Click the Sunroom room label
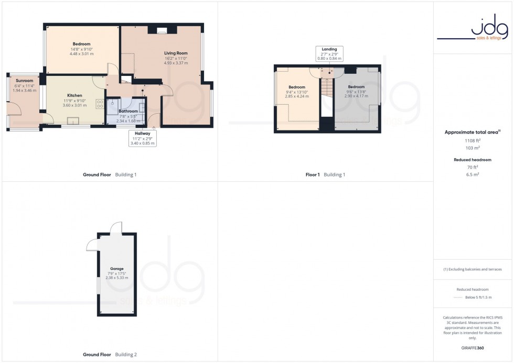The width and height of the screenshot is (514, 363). point(25,81)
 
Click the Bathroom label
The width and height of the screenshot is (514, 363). point(128,111)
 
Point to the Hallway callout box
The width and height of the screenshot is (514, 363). point(142,138)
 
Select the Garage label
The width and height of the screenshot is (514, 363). point(116,269)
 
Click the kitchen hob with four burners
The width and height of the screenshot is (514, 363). point(100,104)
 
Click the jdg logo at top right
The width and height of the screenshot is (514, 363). point(473,28)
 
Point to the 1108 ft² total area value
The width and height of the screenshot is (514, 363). point(473,140)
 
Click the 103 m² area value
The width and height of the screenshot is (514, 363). point(473,148)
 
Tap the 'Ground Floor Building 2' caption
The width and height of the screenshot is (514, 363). point(110,355)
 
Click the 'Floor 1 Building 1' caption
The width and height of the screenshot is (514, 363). point(325,175)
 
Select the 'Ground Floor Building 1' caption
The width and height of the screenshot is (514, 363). point(110,175)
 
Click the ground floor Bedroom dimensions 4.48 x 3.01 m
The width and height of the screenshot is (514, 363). point(81,53)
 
